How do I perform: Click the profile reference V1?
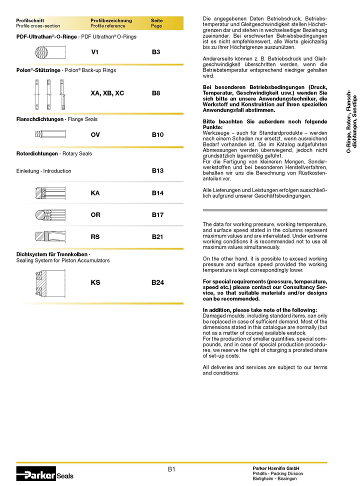pos(94,51)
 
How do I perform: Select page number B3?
pos(156,51)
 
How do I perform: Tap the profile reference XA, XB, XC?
pos(107,93)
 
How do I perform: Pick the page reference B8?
pos(156,93)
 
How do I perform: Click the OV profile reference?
pos(95,135)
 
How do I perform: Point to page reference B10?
pos(157,135)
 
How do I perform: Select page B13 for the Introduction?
pos(157,170)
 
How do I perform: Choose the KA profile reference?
pos(95,193)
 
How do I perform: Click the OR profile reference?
pos(95,215)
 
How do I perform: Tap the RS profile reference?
pos(95,237)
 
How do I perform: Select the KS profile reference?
pos(95,282)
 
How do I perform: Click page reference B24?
pos(157,282)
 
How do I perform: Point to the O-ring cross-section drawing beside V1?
pos(50,52)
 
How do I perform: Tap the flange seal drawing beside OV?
pos(50,134)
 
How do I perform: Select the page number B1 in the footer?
pos(171,469)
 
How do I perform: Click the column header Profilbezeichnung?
pos(111,20)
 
